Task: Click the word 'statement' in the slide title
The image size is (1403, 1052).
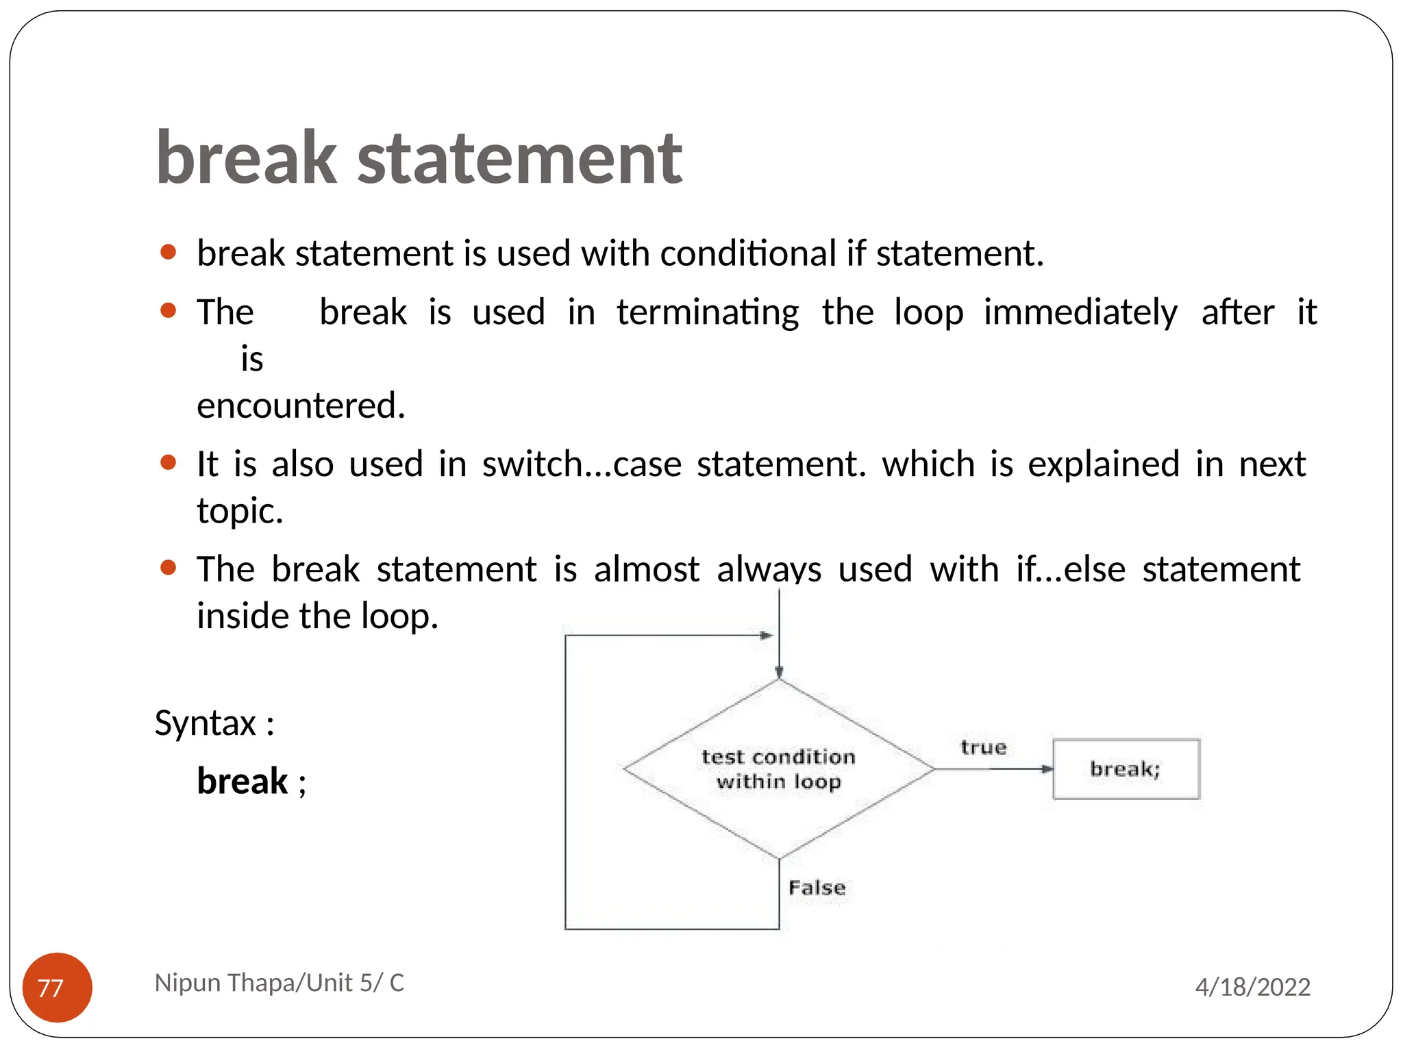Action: click(519, 159)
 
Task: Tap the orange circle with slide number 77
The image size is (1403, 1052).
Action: click(58, 987)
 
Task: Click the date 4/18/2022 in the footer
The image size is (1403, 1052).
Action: click(1252, 987)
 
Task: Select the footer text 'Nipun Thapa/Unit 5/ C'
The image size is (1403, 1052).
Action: click(279, 983)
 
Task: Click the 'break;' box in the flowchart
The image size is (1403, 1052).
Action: click(1126, 768)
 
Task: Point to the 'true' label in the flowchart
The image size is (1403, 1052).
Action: click(983, 747)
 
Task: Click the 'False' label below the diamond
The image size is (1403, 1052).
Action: click(817, 888)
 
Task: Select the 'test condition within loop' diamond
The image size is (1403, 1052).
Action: click(778, 769)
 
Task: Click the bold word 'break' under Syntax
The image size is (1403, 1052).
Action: click(242, 781)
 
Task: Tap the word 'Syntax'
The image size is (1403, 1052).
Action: click(206, 723)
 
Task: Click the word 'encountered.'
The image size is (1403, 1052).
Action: click(301, 405)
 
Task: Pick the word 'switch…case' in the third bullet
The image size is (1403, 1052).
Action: click(582, 464)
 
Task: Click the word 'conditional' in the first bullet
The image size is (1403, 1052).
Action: click(748, 253)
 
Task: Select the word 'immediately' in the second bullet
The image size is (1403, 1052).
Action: click(1080, 312)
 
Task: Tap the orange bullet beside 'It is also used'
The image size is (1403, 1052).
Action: click(168, 462)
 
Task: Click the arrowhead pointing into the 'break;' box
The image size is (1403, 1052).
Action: click(1047, 769)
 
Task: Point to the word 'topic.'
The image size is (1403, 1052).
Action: click(240, 511)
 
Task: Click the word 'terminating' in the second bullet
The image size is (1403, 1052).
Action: click(708, 312)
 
